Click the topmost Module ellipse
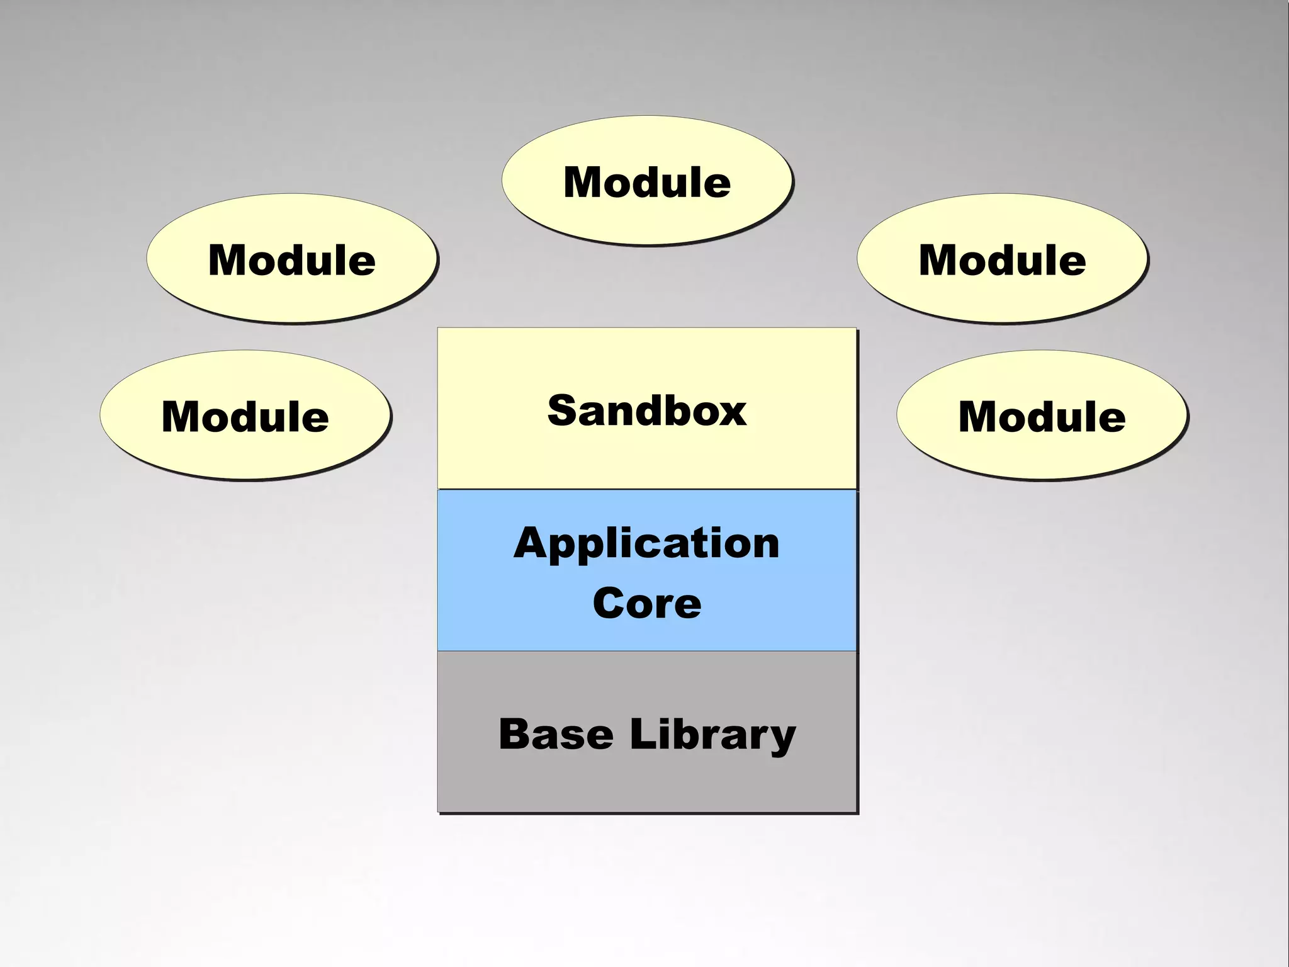(x=647, y=181)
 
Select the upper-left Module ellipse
(x=292, y=259)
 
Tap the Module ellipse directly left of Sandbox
(x=245, y=416)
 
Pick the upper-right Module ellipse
(x=1002, y=259)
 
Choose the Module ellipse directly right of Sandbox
(x=1042, y=416)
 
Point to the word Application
(x=647, y=544)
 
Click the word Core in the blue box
(x=647, y=603)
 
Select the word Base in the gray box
(x=556, y=734)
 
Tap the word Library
(x=712, y=735)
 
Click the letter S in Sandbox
(x=563, y=410)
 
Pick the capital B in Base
(x=514, y=734)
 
